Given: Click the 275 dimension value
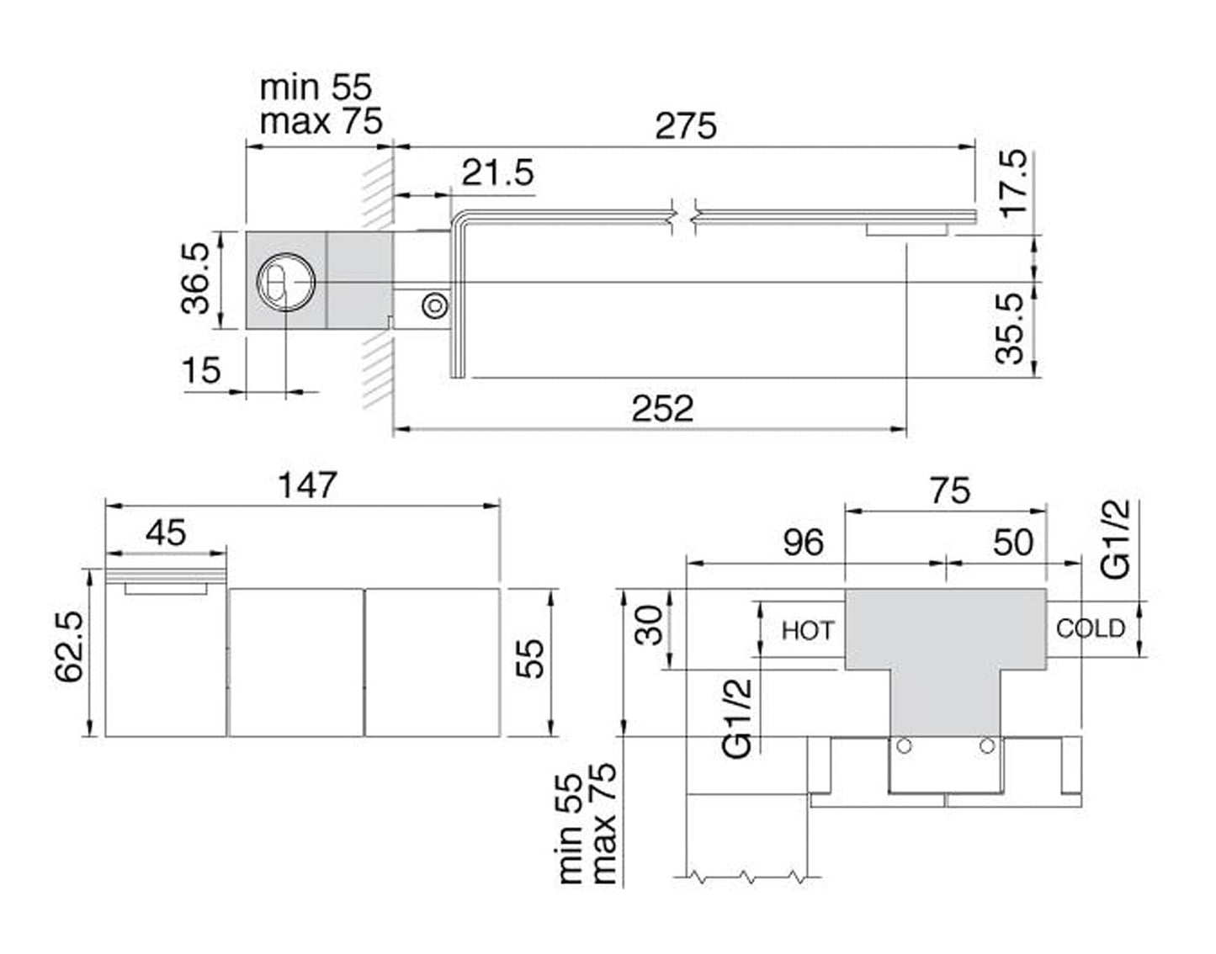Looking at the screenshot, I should [x=686, y=126].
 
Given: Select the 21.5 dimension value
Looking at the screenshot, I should [x=497, y=173].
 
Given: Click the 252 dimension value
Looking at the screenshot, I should [x=663, y=409].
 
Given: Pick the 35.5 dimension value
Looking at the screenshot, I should [x=1010, y=328].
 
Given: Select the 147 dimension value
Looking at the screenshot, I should [x=308, y=485].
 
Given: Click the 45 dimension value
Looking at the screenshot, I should [x=166, y=533].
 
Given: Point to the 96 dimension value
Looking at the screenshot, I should [x=803, y=543].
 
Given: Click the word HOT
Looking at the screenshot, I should [x=808, y=630].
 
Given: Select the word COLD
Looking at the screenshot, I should [x=1091, y=628].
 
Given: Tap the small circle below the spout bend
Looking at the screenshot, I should [x=435, y=305].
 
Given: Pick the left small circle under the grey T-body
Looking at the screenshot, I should [x=905, y=745].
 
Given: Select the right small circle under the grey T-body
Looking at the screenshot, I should [x=987, y=745].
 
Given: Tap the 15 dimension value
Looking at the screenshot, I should [x=201, y=370].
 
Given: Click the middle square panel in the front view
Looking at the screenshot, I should [x=296, y=662].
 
